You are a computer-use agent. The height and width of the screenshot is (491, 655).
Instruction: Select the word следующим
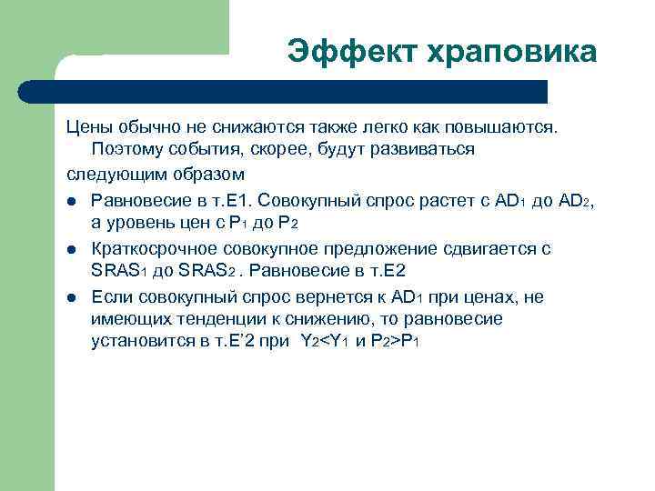[119, 172]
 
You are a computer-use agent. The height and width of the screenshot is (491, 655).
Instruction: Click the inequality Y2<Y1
[326, 341]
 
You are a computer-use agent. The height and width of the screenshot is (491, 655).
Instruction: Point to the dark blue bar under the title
[282, 92]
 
